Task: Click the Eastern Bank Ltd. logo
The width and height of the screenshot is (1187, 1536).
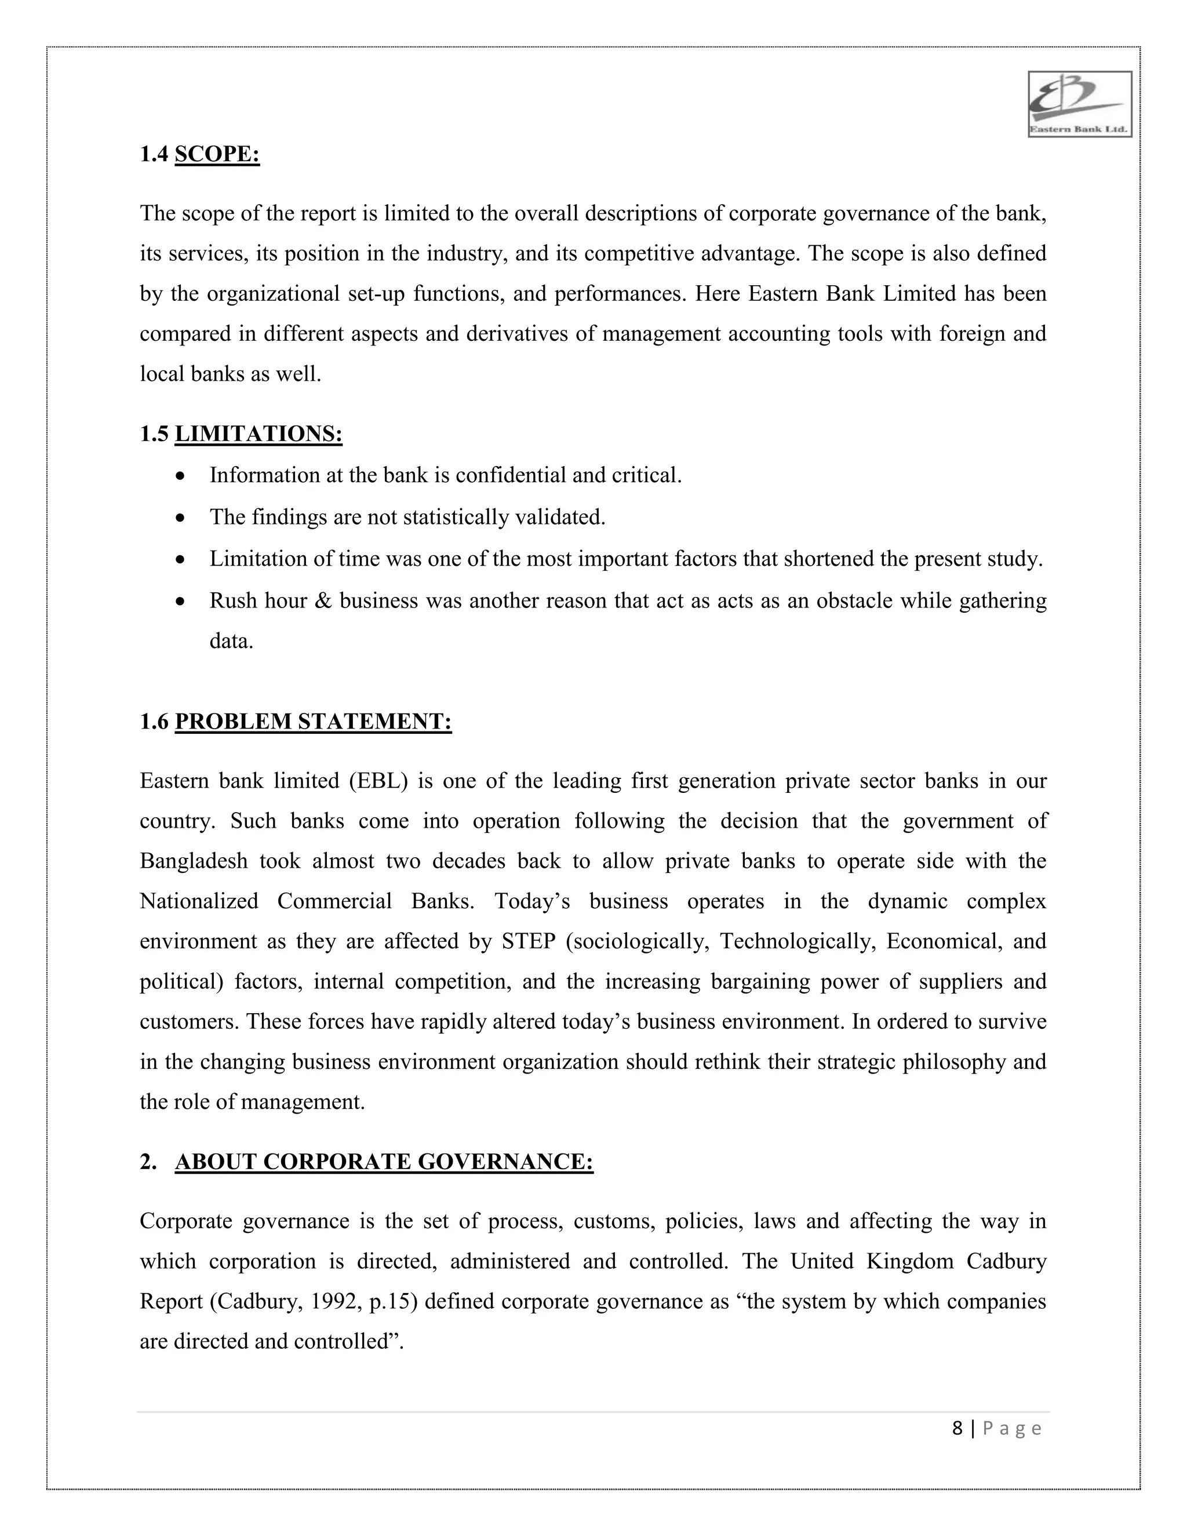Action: pyautogui.click(x=1079, y=104)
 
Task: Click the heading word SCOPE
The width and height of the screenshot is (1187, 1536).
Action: pyautogui.click(x=217, y=154)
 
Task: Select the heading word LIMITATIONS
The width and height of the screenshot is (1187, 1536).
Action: pyautogui.click(x=258, y=434)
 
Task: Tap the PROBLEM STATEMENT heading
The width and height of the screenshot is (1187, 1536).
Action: pyautogui.click(x=313, y=722)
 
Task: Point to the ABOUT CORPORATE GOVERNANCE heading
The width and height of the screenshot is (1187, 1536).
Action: pyautogui.click(x=384, y=1162)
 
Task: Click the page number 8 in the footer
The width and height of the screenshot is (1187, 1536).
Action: pyautogui.click(x=957, y=1428)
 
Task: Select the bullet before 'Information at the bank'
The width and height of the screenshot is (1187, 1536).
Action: pyautogui.click(x=181, y=476)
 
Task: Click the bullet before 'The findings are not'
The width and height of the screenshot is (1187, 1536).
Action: pyautogui.click(x=181, y=518)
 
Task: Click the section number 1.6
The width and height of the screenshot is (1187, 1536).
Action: pyautogui.click(x=154, y=722)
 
